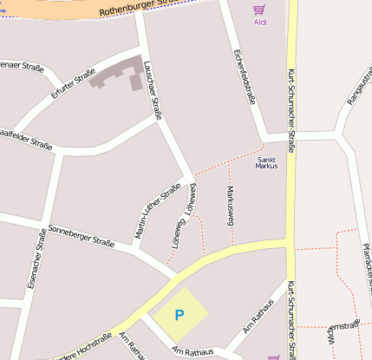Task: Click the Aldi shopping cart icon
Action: click(x=258, y=10)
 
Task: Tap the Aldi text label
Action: click(x=260, y=23)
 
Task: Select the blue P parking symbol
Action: click(x=179, y=315)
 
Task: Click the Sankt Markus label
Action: click(x=267, y=162)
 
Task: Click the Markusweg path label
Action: click(x=231, y=206)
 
